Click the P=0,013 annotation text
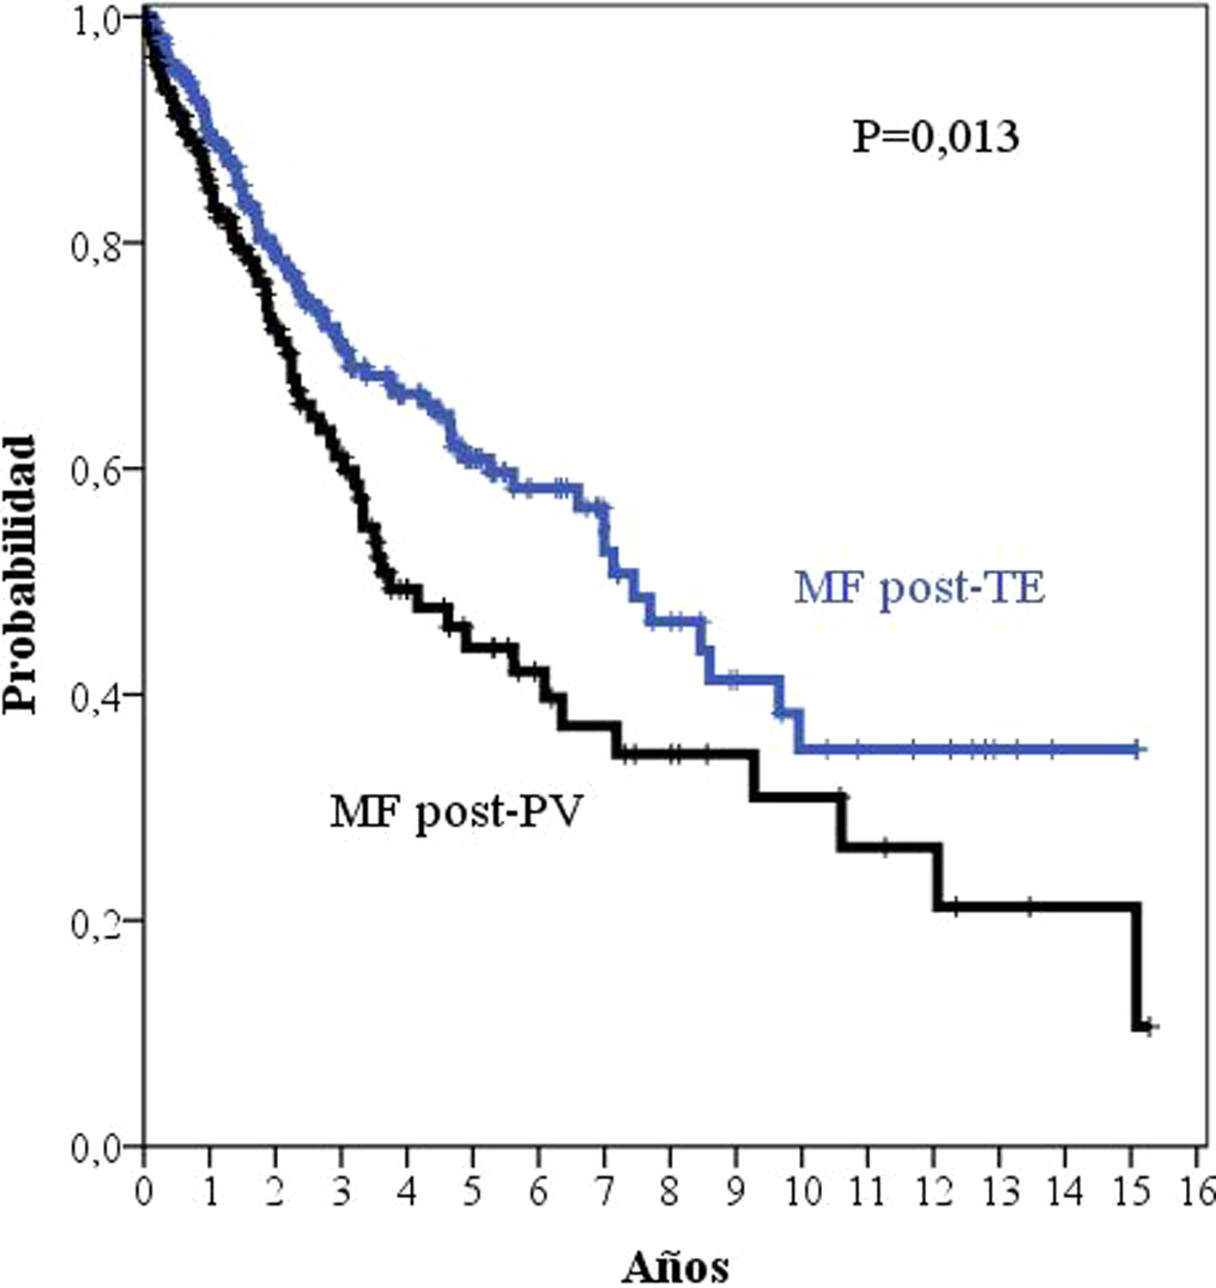pos(935,137)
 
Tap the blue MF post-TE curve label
pos(919,589)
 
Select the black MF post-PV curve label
pos(456,811)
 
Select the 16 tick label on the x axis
pos(1198,1190)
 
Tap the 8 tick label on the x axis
pos(670,1190)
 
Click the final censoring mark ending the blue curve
pos(1137,750)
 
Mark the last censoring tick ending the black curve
pos(1152,1026)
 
